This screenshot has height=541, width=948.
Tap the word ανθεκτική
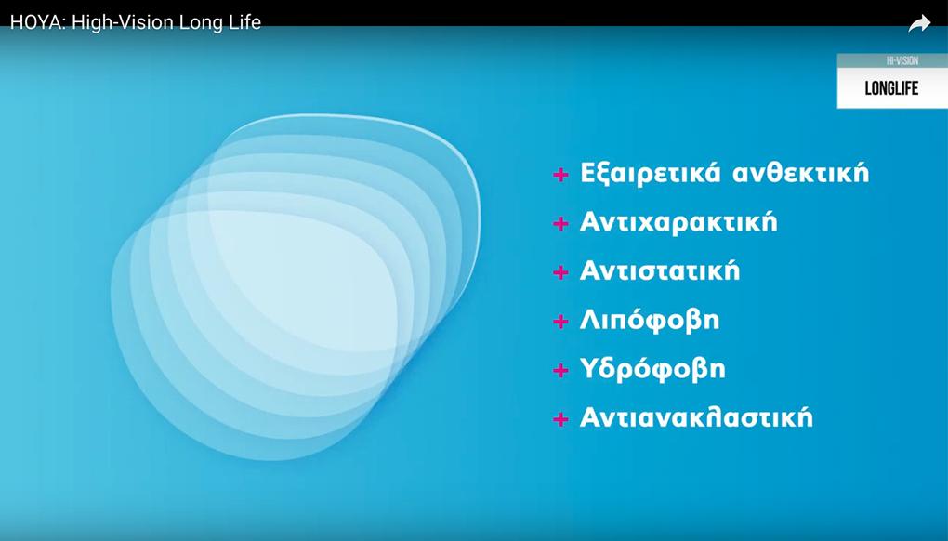point(800,173)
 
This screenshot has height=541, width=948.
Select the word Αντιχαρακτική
point(678,222)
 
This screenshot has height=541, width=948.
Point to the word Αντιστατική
point(660,270)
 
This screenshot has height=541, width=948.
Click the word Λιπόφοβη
point(650,320)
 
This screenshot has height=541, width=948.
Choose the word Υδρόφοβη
point(652,368)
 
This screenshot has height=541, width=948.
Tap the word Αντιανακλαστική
point(696,417)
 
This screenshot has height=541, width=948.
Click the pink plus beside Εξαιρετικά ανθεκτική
point(560,175)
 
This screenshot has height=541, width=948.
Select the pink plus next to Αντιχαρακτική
point(560,224)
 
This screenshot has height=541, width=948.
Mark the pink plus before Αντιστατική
point(560,272)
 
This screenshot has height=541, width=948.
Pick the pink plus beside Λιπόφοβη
point(560,321)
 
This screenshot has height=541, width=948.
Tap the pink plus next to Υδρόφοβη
point(560,370)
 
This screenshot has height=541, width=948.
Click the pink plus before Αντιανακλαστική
point(560,419)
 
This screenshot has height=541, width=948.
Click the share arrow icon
point(919,23)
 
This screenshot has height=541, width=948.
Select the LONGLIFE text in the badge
point(891,88)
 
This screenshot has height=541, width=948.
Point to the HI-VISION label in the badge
point(893,60)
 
